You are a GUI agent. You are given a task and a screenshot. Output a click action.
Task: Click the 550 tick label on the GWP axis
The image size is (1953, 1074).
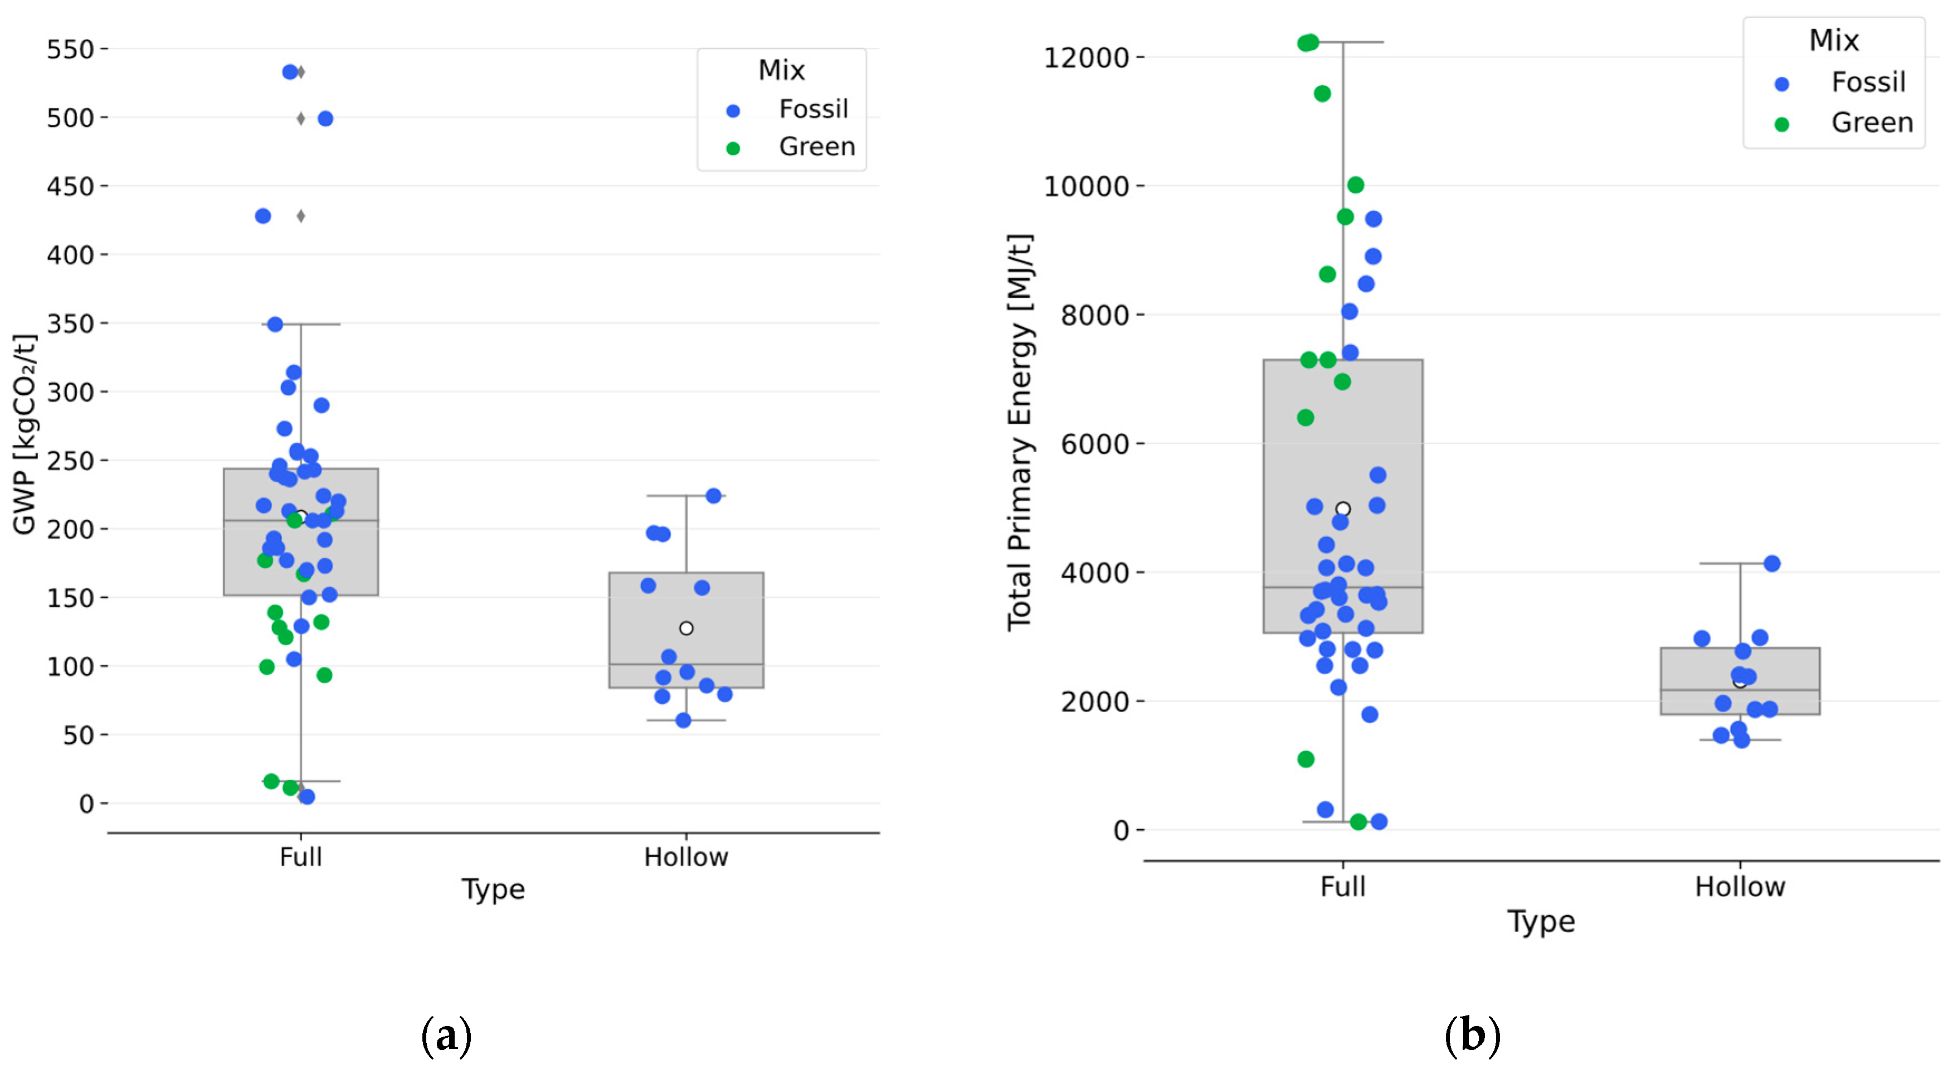click(x=70, y=50)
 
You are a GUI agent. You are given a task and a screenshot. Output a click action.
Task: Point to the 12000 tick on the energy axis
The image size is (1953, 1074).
click(x=1085, y=57)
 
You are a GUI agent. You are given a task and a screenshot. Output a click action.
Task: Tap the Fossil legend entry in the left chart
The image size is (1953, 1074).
click(x=813, y=109)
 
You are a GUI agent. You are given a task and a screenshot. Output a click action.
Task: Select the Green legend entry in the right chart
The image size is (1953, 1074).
click(x=1871, y=123)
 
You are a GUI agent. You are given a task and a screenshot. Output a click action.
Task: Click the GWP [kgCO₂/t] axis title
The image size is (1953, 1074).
click(x=25, y=434)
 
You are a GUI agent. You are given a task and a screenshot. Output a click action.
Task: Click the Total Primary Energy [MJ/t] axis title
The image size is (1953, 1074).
click(x=1020, y=432)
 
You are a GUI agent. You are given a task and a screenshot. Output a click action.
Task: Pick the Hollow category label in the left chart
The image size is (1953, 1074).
click(x=685, y=857)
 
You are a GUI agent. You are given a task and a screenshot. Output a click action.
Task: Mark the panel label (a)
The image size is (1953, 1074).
click(x=446, y=1036)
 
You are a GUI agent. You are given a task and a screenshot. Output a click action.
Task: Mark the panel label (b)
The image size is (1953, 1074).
click(x=1472, y=1036)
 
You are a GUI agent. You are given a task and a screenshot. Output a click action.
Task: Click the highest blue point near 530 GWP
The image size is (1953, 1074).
click(x=290, y=72)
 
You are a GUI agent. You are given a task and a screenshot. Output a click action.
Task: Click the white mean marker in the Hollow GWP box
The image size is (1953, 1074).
click(x=686, y=628)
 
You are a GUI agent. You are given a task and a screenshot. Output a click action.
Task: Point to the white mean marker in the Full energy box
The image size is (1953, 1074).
click(x=1343, y=509)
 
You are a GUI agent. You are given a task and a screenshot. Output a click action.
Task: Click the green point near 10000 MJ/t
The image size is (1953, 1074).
click(x=1356, y=185)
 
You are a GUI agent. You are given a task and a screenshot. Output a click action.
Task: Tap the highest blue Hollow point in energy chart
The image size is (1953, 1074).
click(x=1772, y=564)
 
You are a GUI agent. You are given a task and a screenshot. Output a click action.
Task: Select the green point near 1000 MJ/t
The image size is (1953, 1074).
click(x=1306, y=759)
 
